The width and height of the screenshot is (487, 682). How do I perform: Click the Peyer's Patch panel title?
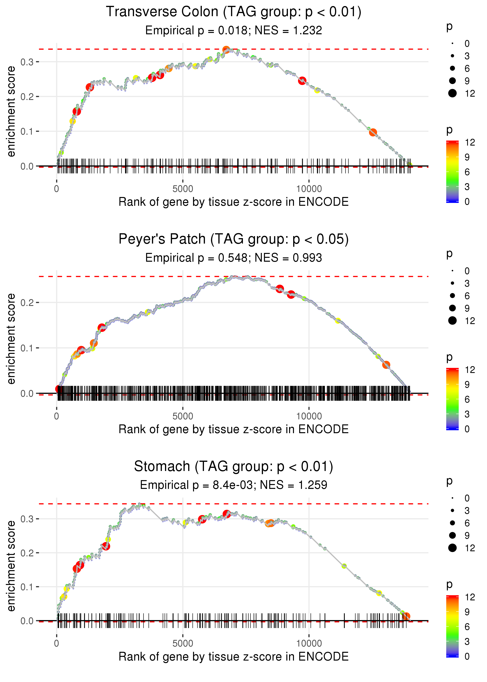click(x=233, y=239)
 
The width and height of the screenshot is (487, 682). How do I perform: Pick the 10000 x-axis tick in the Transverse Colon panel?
click(x=309, y=189)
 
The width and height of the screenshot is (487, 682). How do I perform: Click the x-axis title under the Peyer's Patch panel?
click(x=233, y=429)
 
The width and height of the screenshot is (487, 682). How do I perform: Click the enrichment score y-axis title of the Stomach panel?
click(x=11, y=566)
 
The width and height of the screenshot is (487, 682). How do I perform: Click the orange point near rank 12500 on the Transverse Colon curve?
click(x=373, y=132)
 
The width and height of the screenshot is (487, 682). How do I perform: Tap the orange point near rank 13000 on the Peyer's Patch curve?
click(x=386, y=365)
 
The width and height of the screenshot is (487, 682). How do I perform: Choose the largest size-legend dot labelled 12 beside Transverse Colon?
click(x=452, y=93)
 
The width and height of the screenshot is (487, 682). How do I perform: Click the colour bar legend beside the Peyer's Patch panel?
click(x=452, y=399)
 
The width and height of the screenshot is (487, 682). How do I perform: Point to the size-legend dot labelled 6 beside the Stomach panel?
click(x=452, y=523)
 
